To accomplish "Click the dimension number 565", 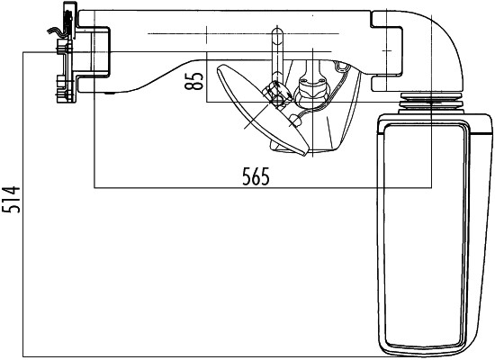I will click(256, 176).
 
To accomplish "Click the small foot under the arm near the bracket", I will click(110, 92).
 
